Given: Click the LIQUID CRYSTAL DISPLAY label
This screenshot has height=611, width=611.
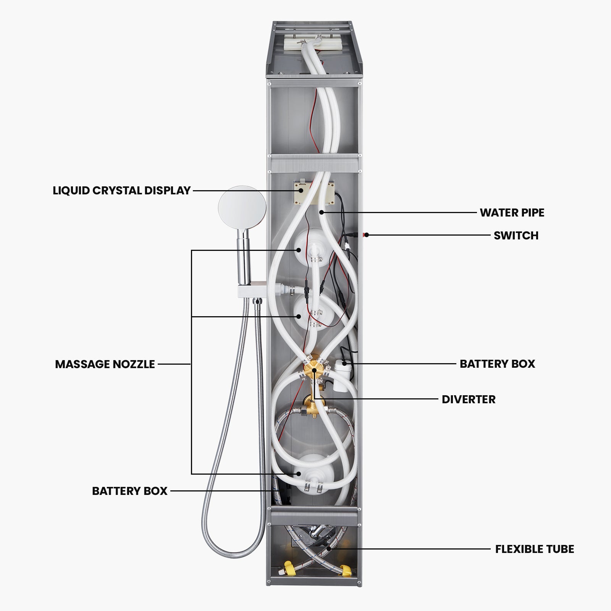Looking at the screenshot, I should tap(121, 190).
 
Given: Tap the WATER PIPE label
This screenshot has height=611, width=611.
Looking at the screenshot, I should tap(512, 213).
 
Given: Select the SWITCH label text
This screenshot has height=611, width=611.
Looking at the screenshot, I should tap(516, 236).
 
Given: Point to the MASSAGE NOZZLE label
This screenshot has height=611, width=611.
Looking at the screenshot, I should tap(105, 364).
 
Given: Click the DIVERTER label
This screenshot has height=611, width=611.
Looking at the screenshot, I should tap(469, 399).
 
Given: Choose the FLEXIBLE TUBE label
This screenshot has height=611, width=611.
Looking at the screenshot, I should tap(534, 549).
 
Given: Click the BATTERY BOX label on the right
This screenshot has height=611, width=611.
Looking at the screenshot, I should tap(497, 364).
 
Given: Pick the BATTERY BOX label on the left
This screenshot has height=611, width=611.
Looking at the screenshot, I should tap(130, 491).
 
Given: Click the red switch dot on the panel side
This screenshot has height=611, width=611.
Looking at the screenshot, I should tap(365, 235).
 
